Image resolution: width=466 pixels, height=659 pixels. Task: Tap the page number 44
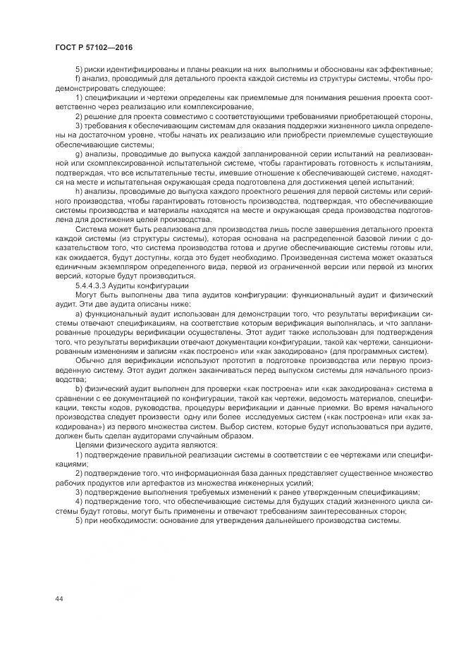click(x=59, y=599)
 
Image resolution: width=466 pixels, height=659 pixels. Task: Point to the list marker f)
click(x=78, y=78)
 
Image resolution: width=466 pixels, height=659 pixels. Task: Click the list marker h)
click(x=78, y=190)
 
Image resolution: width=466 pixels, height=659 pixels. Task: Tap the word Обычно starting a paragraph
click(x=88, y=359)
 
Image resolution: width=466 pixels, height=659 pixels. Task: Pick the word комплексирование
click(x=179, y=106)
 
